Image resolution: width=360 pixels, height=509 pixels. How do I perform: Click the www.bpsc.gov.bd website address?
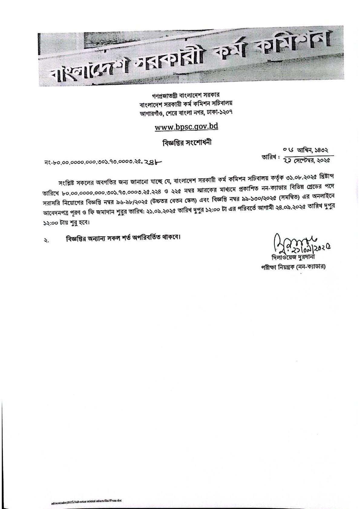tap(186, 127)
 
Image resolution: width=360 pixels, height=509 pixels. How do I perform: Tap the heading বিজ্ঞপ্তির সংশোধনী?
tap(187, 142)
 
